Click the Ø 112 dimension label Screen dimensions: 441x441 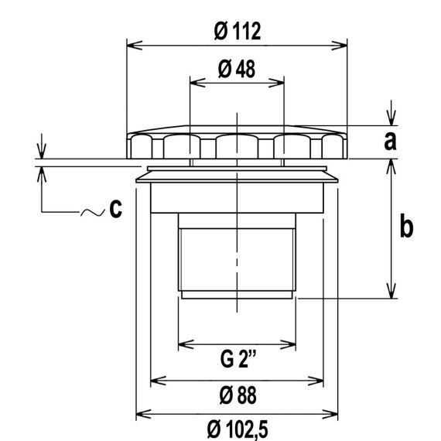point(237,31)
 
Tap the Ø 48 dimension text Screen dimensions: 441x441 point(237,69)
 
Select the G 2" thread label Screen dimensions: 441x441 point(238,359)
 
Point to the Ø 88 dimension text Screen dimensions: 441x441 point(238,395)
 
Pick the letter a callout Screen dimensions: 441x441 point(390,141)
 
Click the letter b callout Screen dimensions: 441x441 point(406,225)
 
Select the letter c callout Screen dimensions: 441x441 point(115,209)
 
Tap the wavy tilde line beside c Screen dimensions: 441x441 point(93,212)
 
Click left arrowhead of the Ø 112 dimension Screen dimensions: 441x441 point(135,46)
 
